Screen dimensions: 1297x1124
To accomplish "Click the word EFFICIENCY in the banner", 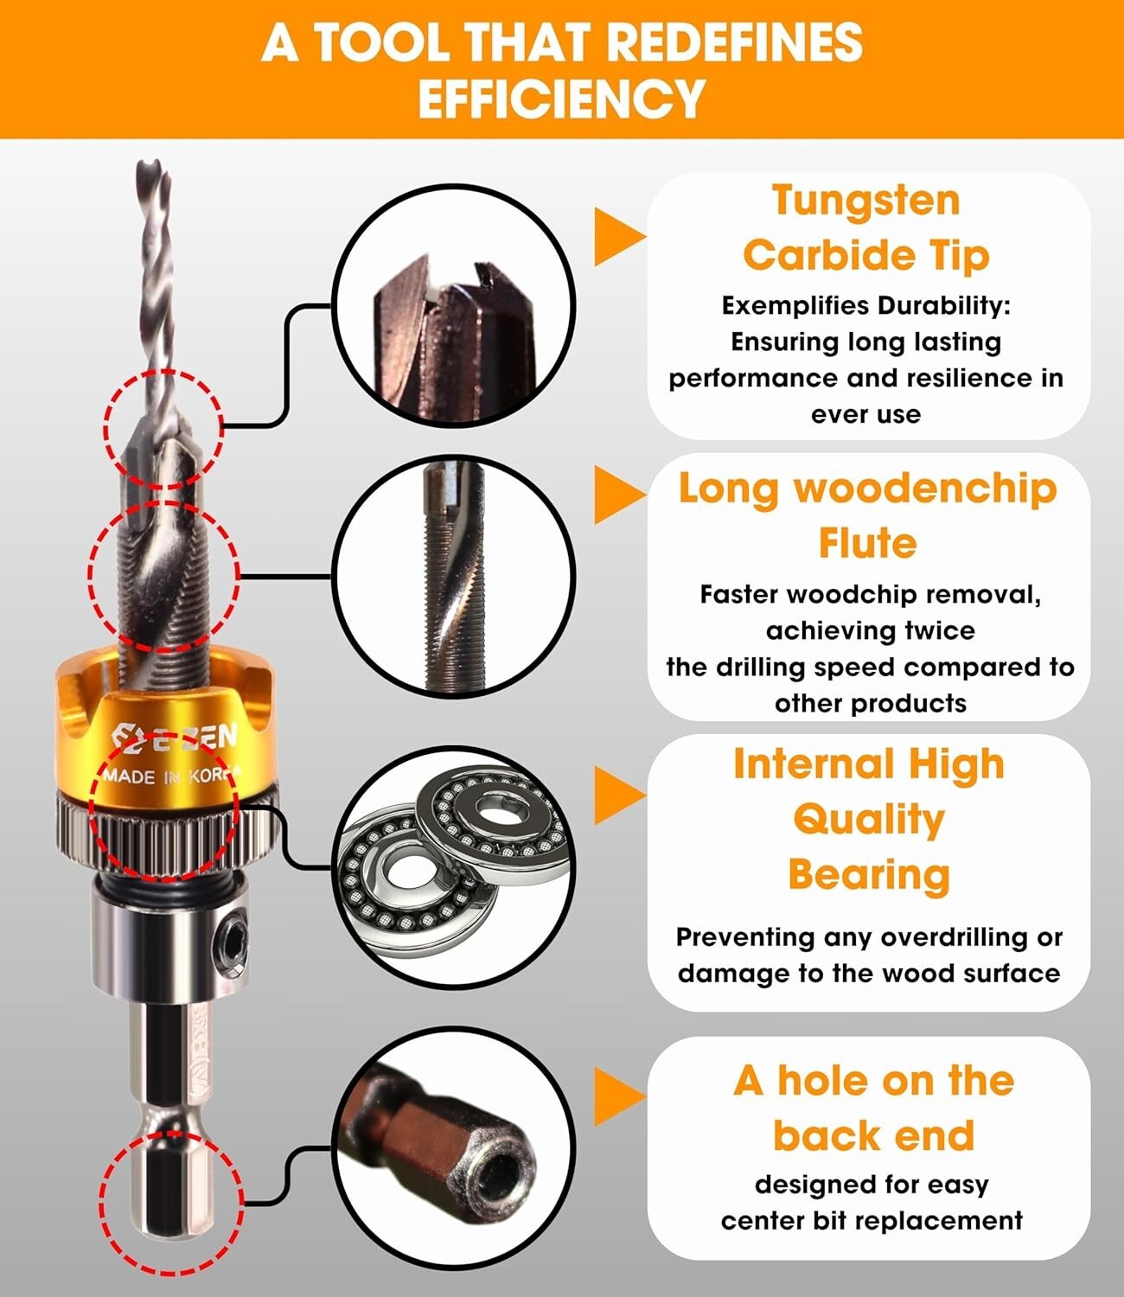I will [x=562, y=97].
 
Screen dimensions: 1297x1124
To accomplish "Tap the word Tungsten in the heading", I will [x=865, y=201].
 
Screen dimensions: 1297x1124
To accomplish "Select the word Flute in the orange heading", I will [x=867, y=543].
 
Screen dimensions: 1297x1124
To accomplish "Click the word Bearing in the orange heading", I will [x=869, y=874].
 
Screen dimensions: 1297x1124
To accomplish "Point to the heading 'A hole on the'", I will [x=873, y=1081].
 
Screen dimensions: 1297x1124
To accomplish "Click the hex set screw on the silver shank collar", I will [x=233, y=936].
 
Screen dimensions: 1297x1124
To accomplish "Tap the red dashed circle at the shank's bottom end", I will [x=170, y=1202].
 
